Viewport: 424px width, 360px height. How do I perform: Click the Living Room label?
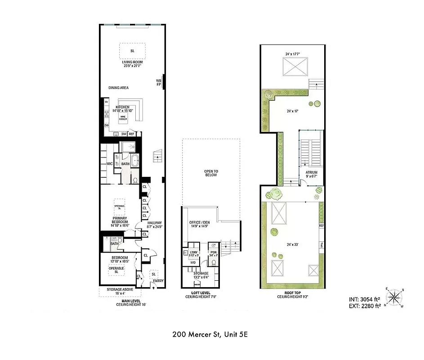click(x=132, y=63)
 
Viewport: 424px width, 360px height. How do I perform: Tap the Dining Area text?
click(x=118, y=88)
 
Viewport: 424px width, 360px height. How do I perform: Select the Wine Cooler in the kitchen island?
click(x=123, y=118)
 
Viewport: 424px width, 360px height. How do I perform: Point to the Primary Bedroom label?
click(x=120, y=221)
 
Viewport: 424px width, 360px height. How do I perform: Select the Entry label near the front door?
click(x=158, y=281)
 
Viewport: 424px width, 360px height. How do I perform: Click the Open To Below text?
click(x=210, y=173)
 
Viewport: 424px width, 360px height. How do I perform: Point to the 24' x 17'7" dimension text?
click(x=292, y=54)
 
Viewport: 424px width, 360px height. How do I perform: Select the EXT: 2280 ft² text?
click(x=364, y=306)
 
